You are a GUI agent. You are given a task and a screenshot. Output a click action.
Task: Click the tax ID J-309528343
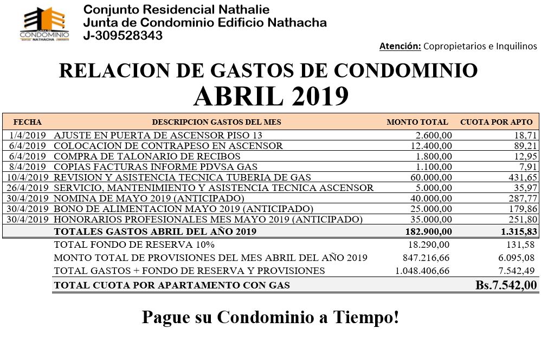tap(123, 36)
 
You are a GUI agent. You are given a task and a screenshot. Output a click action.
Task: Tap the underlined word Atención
tap(400, 46)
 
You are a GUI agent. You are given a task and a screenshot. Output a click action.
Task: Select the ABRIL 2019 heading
tap(270, 97)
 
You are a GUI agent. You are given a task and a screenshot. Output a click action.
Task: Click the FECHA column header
tap(27, 122)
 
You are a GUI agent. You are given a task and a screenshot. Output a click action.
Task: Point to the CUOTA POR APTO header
tap(496, 122)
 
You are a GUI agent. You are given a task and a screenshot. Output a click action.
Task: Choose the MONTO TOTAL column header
tap(417, 122)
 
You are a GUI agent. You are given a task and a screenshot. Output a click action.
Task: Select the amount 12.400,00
tap(431, 146)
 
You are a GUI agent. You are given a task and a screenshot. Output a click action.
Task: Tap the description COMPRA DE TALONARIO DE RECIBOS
tap(147, 157)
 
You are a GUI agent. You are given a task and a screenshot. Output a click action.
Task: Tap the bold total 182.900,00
tap(429, 232)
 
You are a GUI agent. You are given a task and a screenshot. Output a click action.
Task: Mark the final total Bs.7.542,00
tap(506, 285)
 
